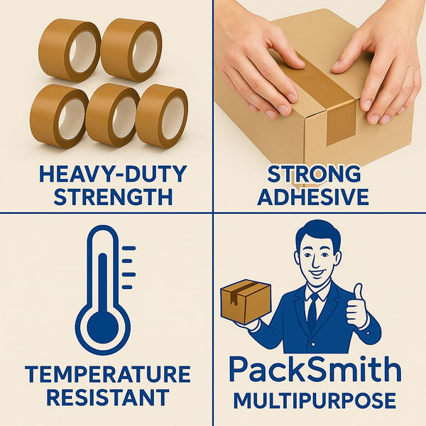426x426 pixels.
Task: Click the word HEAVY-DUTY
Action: pos(113,174)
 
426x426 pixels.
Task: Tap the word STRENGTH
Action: pos(113,197)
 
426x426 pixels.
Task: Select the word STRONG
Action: pos(314,174)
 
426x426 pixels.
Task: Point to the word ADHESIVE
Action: pos(313,197)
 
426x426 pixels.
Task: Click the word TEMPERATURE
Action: pos(108,375)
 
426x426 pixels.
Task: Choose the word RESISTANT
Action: pos(108,397)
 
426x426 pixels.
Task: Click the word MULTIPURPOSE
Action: pos(315,400)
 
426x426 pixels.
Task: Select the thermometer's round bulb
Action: pos(103,327)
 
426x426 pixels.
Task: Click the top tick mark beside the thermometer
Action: pos(129,248)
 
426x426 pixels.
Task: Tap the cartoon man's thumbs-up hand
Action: pos(357,305)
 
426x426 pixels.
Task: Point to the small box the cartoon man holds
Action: pos(246,302)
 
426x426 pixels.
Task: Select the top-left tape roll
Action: pos(67,50)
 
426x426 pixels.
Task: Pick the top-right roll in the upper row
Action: pos(131,50)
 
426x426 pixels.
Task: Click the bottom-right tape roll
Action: pos(162,116)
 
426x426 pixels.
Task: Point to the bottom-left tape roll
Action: pos(58,116)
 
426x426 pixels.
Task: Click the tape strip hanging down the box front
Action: pos(342,122)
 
